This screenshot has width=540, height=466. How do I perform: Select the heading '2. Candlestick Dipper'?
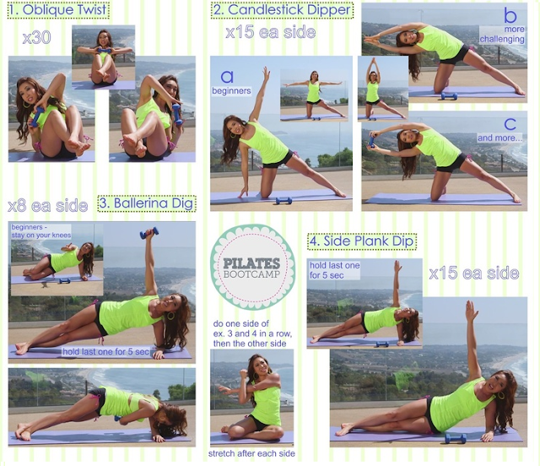click(x=283, y=11)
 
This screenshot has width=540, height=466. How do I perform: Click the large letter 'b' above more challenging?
click(x=510, y=15)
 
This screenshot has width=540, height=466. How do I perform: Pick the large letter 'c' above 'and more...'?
click(x=510, y=123)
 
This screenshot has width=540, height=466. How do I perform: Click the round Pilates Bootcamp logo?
click(x=252, y=267)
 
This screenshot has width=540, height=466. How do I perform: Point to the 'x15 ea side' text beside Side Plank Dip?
click(x=473, y=273)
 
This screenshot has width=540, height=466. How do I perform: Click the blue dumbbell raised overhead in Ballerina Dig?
click(x=148, y=232)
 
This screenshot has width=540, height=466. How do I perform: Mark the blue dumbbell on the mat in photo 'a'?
click(x=283, y=200)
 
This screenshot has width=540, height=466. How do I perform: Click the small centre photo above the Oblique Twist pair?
click(x=103, y=56)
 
